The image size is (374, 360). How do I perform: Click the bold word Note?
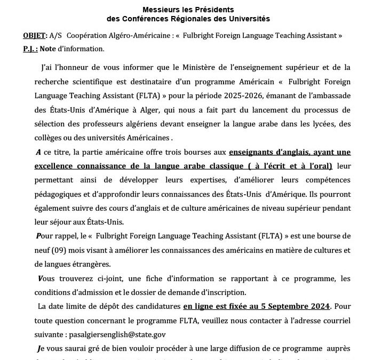47,49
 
